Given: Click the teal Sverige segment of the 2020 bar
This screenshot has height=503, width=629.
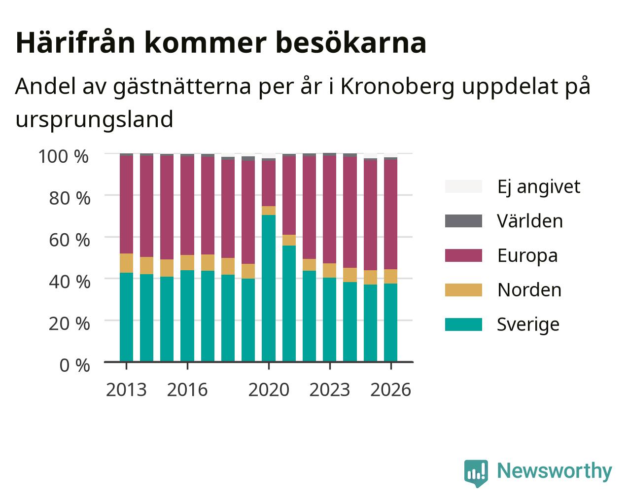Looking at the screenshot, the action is click(x=268, y=288).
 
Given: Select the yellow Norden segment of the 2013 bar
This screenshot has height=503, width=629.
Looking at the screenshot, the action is click(x=126, y=263).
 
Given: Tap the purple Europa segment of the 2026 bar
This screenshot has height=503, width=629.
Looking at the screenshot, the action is click(x=390, y=215).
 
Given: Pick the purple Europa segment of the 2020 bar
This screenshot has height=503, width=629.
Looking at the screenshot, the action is click(x=268, y=183).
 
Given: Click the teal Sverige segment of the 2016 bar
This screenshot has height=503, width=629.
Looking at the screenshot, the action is click(x=187, y=316).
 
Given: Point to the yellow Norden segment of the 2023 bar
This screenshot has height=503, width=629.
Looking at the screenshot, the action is click(x=329, y=270).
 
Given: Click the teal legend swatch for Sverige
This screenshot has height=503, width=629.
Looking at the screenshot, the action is click(x=463, y=324).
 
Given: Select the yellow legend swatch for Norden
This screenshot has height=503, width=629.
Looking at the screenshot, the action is click(x=463, y=290).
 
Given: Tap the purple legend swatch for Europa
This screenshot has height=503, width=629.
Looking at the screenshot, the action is click(x=463, y=255).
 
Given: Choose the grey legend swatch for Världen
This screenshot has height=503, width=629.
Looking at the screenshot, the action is click(x=463, y=221).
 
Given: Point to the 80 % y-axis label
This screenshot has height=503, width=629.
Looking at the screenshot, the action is click(x=70, y=199).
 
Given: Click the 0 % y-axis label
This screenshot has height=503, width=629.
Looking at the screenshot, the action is click(x=74, y=365).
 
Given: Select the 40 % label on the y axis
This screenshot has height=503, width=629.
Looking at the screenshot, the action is click(x=70, y=282).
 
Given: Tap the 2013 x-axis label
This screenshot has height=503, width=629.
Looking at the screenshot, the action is click(x=126, y=390).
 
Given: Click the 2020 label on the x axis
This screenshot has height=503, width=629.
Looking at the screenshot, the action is click(x=269, y=390).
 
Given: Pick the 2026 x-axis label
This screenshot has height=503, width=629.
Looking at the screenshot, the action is click(x=390, y=390).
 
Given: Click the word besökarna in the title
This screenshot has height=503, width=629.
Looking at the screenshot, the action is click(x=351, y=43).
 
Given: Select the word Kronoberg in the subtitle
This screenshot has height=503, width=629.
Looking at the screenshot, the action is click(x=397, y=87).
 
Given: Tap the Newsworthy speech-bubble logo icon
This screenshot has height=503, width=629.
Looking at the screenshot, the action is click(x=476, y=473).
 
